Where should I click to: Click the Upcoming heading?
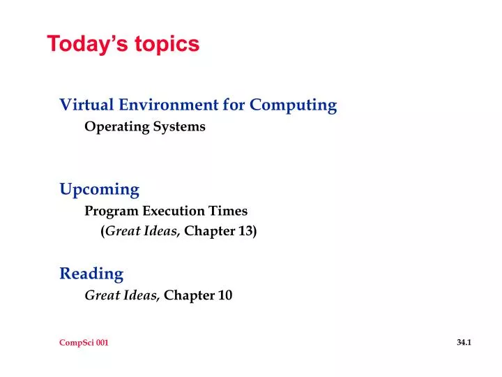pyautogui.click(x=99, y=190)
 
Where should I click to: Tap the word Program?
pyautogui.click(x=112, y=211)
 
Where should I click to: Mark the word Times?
pyautogui.click(x=230, y=211)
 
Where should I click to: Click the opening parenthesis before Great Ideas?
pyautogui.click(x=103, y=232)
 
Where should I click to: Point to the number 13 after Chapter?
pyautogui.click(x=247, y=232)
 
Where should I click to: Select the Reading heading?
pyautogui.click(x=91, y=274)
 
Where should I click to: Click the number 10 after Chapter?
pyautogui.click(x=225, y=295)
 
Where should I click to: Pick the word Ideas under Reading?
pyautogui.click(x=144, y=295)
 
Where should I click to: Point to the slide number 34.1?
pyautogui.click(x=464, y=342)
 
